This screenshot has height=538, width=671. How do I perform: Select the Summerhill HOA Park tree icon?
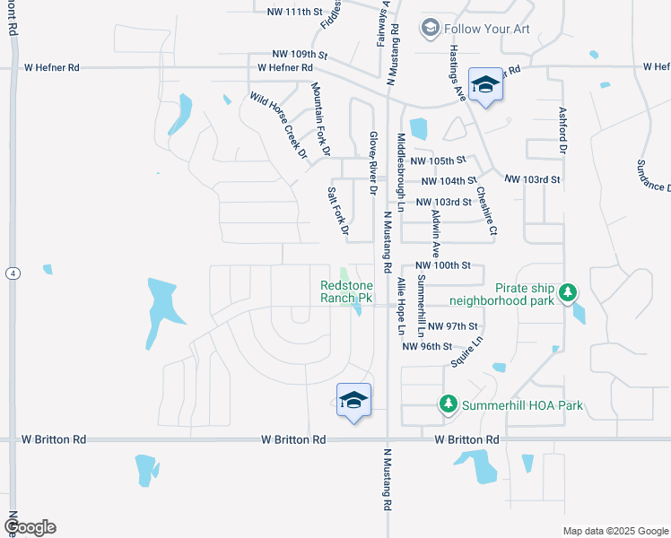(448, 405)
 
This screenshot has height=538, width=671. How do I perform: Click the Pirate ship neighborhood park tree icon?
(567, 292)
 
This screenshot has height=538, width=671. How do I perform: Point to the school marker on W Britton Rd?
(354, 401)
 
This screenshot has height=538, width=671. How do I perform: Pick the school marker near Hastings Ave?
(485, 86)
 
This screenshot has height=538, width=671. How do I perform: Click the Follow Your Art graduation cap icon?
(431, 28)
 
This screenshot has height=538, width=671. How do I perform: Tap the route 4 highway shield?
(12, 273)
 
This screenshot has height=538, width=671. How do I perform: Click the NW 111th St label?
(294, 12)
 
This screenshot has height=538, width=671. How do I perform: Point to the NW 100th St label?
(443, 267)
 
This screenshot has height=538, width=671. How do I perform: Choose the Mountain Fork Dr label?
(321, 117)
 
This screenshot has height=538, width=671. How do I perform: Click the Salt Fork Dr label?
(337, 212)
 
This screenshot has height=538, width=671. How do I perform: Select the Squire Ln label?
(467, 351)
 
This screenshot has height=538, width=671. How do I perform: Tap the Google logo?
(29, 527)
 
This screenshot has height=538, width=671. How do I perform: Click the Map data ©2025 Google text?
(614, 531)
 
